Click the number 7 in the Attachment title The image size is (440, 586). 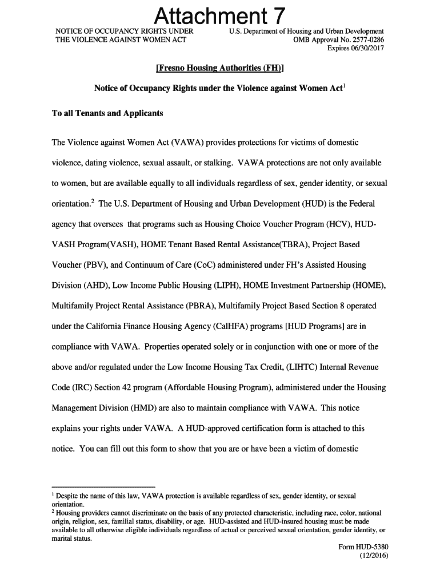tap(275, 15)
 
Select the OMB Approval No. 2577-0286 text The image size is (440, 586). tap(338, 39)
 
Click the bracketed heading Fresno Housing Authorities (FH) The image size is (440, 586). tap(220, 68)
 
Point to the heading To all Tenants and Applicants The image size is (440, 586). tap(107, 113)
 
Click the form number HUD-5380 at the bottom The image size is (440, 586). tap(372, 547)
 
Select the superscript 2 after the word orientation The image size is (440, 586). tap(93, 200)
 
